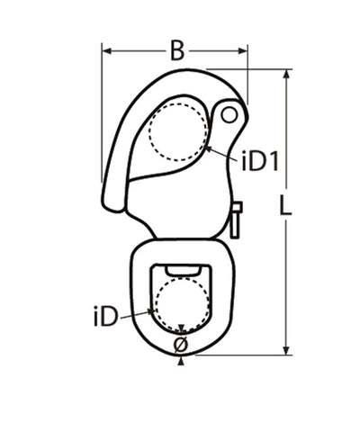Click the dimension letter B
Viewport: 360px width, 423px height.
point(177,51)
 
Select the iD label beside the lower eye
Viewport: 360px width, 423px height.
point(106,319)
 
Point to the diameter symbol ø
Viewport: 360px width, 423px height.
point(181,345)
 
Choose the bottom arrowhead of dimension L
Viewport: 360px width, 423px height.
point(286,354)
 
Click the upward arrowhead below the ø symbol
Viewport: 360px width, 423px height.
point(181,361)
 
